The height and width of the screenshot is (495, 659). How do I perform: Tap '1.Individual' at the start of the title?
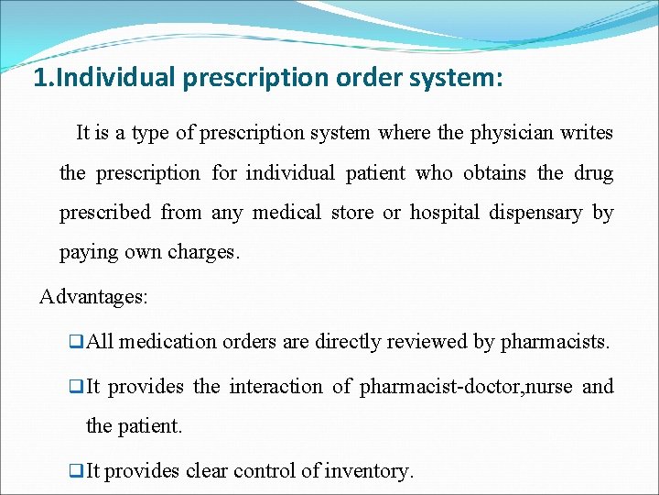click(103, 77)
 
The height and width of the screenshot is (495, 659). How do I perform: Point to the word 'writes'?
click(586, 133)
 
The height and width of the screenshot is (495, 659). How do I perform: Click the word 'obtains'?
click(494, 173)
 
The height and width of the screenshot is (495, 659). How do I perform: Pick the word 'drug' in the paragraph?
click(594, 173)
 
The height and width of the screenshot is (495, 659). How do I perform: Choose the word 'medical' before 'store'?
click(286, 213)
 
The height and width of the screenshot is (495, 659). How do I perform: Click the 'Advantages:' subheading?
click(94, 297)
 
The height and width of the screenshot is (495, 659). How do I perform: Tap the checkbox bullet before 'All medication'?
click(76, 342)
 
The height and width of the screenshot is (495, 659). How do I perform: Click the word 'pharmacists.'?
click(555, 342)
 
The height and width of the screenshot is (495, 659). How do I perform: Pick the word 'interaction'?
click(275, 387)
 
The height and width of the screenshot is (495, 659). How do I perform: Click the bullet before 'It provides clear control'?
click(76, 471)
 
